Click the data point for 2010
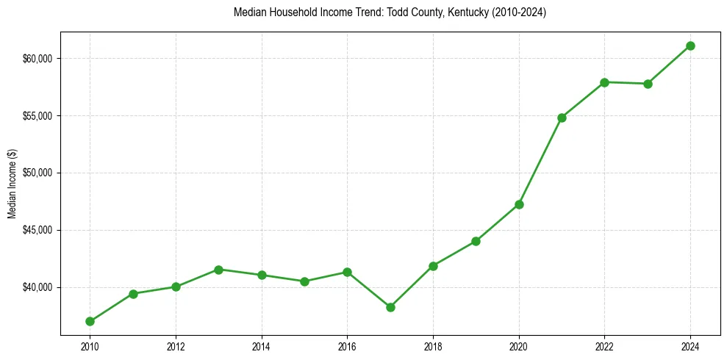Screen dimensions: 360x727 pyautogui.click(x=90, y=321)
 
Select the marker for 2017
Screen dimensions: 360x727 pyautogui.click(x=390, y=307)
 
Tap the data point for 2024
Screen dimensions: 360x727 pyautogui.click(x=691, y=46)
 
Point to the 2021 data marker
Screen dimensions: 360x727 pyautogui.click(x=562, y=118)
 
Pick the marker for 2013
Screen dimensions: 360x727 pyautogui.click(x=218, y=270)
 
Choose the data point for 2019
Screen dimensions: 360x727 pyautogui.click(x=476, y=241)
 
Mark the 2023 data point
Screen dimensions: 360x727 pyautogui.click(x=648, y=84)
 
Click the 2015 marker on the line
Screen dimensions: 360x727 pyautogui.click(x=304, y=281)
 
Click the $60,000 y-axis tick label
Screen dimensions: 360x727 pyautogui.click(x=37, y=59)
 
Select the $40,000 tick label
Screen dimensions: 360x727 pyautogui.click(x=37, y=287)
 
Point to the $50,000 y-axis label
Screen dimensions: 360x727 pyautogui.click(x=37, y=173)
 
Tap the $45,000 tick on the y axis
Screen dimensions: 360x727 pyautogui.click(x=37, y=230)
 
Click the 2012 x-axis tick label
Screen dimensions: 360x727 pyautogui.click(x=176, y=345)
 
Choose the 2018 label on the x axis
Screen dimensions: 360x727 pyautogui.click(x=433, y=345)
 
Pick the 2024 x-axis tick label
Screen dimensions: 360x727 pyautogui.click(x=691, y=345)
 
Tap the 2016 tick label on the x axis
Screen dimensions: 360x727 pyautogui.click(x=347, y=345)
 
